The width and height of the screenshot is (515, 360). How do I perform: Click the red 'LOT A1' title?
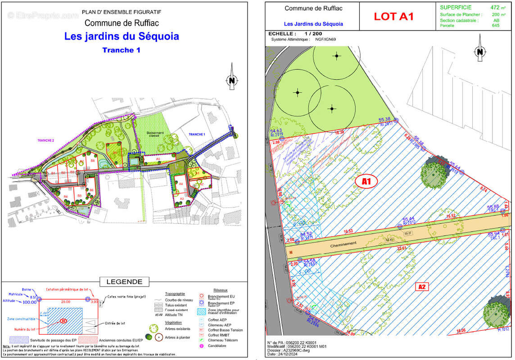click(393, 17)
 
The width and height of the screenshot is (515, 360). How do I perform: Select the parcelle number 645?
click(496, 26)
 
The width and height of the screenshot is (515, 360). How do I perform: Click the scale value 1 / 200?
click(313, 34)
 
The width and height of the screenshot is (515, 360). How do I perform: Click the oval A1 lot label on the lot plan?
click(366, 181)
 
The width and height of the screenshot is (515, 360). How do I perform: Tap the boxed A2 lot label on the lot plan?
click(422, 286)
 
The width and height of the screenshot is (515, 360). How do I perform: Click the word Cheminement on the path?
click(343, 243)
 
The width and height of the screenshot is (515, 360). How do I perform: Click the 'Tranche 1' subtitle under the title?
click(121, 50)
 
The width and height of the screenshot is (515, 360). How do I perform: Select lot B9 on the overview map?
click(115, 153)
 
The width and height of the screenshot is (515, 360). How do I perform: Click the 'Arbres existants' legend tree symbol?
click(154, 328)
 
